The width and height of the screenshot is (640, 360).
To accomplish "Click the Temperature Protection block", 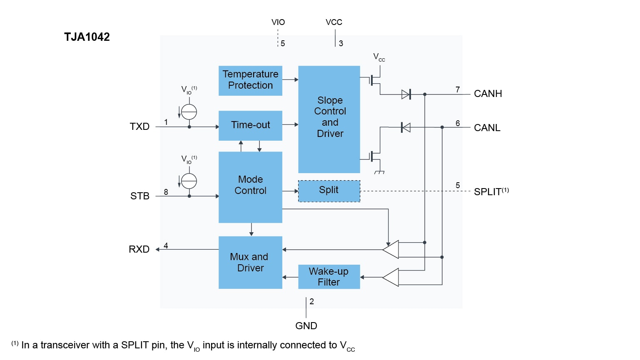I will click(x=250, y=80).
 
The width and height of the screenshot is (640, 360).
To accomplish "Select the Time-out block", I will click(x=250, y=125).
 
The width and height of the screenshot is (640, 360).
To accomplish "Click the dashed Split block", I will click(x=329, y=191).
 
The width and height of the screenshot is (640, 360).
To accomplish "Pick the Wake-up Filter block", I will click(x=329, y=277).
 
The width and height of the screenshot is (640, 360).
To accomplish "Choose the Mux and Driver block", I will click(x=250, y=262).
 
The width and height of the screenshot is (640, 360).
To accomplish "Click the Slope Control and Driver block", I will click(x=329, y=119).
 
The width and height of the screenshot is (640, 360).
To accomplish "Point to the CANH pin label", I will click(x=488, y=94).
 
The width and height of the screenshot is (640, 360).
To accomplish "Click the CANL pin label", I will click(x=487, y=128).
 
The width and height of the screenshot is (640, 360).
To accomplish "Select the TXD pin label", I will click(x=139, y=127).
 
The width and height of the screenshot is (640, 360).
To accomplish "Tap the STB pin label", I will click(x=139, y=196).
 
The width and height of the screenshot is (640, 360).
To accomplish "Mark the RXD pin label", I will click(x=139, y=249).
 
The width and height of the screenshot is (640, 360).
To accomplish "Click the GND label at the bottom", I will click(x=306, y=326).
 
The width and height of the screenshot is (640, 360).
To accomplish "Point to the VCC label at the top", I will click(x=334, y=22).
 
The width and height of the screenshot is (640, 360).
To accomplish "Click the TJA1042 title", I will click(x=87, y=37).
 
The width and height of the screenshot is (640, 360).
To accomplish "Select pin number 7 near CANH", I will click(x=458, y=89).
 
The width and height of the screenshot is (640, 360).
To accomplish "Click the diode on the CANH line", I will click(x=406, y=94).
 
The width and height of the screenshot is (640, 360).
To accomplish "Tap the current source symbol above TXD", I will click(x=189, y=112).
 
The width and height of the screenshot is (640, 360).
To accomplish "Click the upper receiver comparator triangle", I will click(x=391, y=249).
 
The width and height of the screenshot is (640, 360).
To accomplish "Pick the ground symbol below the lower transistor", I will click(x=379, y=172).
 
